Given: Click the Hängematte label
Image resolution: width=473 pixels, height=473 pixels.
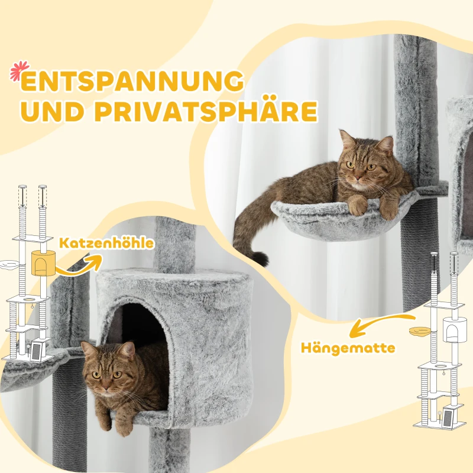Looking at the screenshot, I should (347, 347).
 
